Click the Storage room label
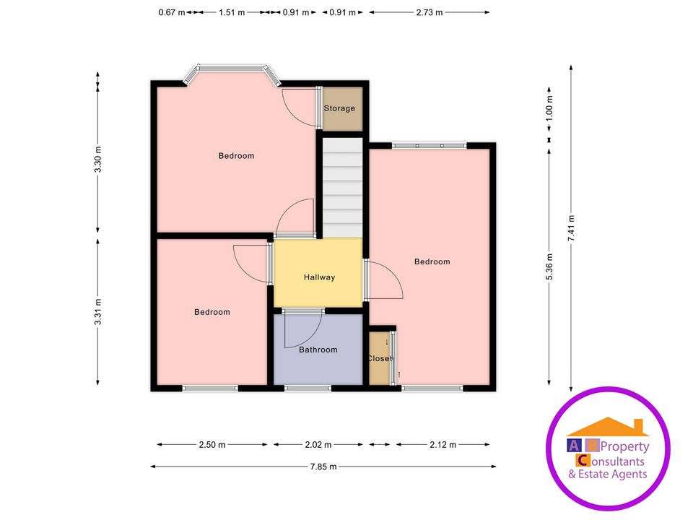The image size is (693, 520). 339,108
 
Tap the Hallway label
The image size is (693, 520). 319,277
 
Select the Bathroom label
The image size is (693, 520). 318,350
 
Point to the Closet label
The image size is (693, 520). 380,358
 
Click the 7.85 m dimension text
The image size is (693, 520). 323,467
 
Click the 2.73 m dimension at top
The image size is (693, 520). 428,12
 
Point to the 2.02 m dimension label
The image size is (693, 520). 318,445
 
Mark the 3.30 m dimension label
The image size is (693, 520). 98,159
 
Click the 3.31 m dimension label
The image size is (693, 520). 98,312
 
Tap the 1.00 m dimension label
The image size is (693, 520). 549,108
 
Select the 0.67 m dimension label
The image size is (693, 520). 172,12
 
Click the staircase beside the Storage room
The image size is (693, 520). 341,188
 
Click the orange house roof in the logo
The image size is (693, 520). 608,427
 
